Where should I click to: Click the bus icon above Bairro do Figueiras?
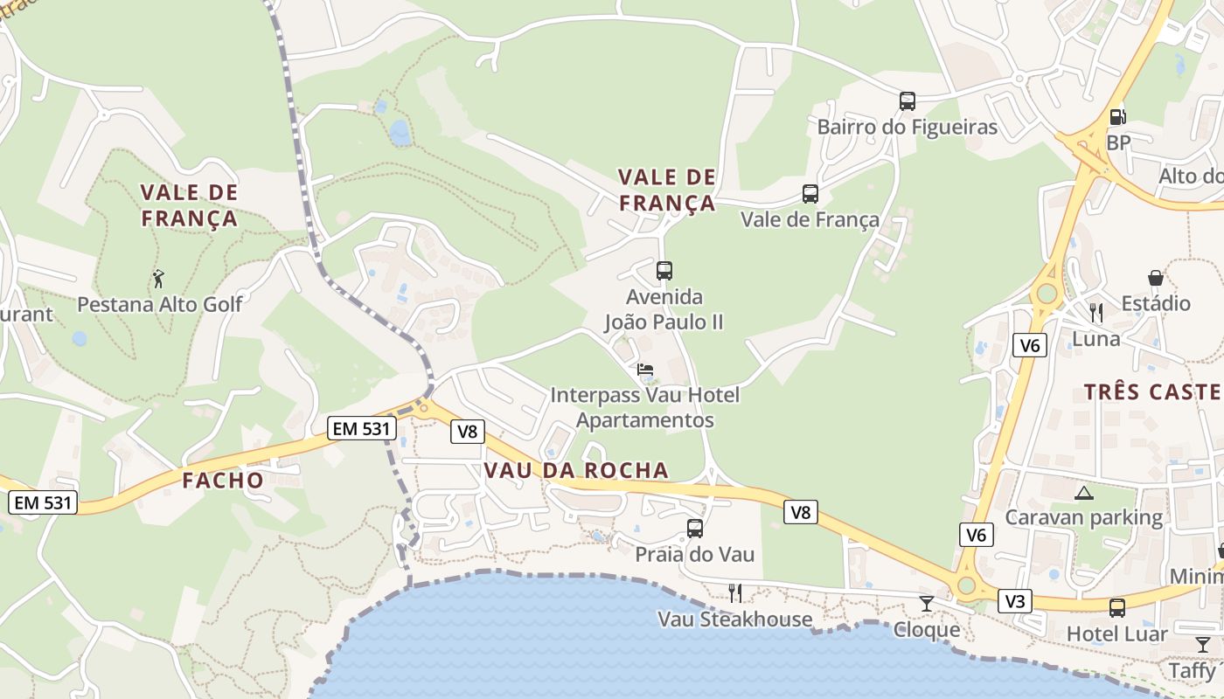point(908,101)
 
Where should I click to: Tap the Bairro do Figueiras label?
point(907,128)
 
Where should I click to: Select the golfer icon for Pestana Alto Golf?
point(158,280)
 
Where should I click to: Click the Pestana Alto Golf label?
point(160,304)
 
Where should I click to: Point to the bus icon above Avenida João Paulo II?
point(664,271)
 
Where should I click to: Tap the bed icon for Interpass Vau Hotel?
point(645,370)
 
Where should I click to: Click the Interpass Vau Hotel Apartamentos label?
point(645,407)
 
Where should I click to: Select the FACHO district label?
point(223,480)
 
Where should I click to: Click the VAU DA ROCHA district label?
point(576,471)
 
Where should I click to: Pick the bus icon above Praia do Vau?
point(695,529)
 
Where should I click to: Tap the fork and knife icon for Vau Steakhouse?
point(735,593)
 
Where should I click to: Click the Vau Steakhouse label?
point(735,619)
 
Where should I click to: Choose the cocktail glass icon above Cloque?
point(927,604)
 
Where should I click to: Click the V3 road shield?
point(1015,601)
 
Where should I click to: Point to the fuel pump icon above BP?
point(1117,116)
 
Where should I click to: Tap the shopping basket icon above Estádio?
point(1156,278)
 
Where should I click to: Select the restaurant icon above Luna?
point(1096,312)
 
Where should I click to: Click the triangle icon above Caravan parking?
point(1084,493)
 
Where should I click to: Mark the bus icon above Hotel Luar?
point(1117,608)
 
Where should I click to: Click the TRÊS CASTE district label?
point(1153,391)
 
